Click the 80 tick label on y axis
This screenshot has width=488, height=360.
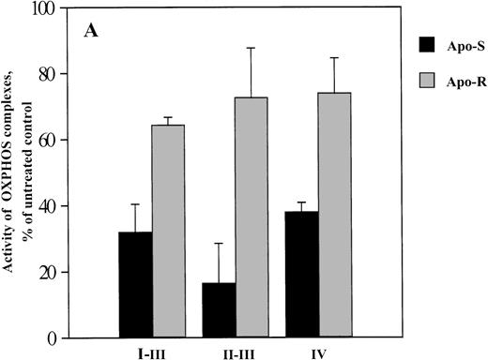pos(45,74)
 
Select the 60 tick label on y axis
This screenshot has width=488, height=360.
pos(45,141)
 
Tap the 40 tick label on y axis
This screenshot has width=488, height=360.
pos(45,206)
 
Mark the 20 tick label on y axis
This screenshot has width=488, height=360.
pos(45,273)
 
